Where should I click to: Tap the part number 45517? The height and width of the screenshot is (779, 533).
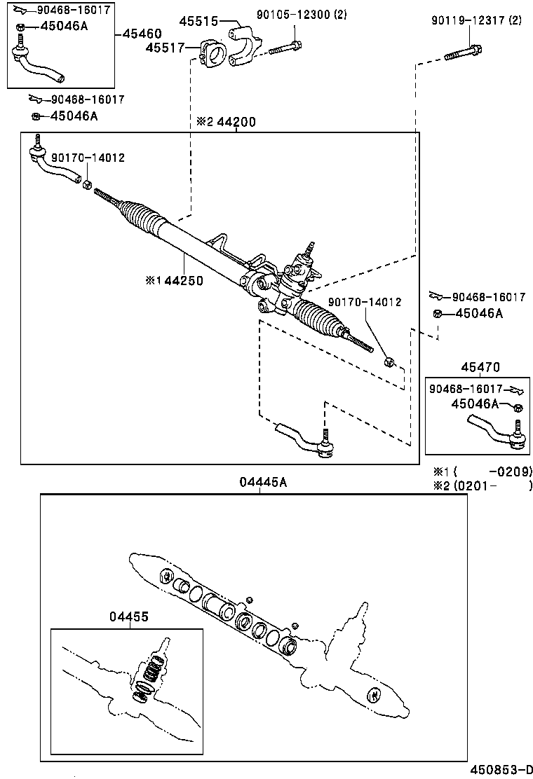click(165, 48)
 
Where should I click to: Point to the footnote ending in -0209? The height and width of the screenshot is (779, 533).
click(483, 471)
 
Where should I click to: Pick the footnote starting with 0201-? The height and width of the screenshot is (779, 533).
click(483, 485)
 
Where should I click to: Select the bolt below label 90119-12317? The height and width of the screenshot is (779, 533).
click(463, 53)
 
